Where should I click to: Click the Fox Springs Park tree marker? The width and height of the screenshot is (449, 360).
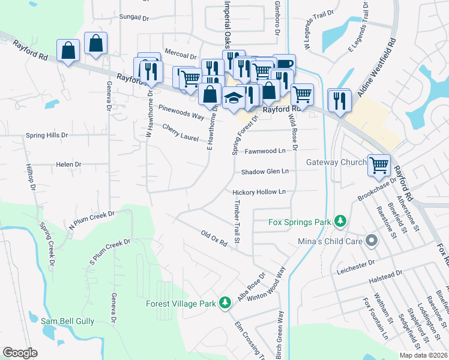point(340,222)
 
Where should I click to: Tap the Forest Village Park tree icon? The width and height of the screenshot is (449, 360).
point(225,303)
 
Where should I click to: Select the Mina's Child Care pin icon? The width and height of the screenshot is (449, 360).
point(370,242)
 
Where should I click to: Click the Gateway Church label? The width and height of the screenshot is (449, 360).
point(336,163)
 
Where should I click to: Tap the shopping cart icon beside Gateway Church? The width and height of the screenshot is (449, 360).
point(379,164)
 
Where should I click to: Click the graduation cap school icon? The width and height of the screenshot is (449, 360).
point(232,98)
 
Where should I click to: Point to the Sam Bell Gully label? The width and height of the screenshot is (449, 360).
point(67,322)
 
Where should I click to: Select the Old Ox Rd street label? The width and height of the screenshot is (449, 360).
point(214,238)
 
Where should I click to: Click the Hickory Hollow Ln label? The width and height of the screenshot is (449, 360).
point(259,192)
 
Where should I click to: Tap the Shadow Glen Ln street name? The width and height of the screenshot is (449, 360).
point(265,172)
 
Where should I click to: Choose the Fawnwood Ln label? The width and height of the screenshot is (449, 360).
point(265,151)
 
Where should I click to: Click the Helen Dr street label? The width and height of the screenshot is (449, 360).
point(68,164)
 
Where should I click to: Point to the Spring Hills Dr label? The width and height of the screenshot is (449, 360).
point(47,136)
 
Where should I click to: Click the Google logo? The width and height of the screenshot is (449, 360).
point(20,353)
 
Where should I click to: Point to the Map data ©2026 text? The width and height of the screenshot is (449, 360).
point(423,355)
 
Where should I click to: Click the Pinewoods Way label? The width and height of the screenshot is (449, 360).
point(181,112)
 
